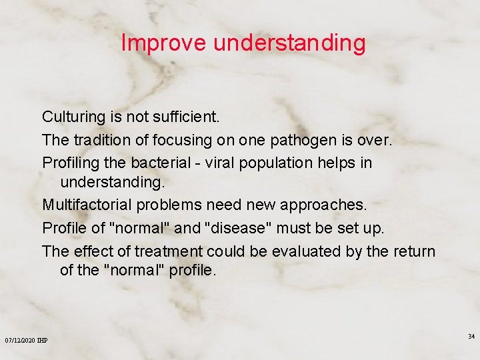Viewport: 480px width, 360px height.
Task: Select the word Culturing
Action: [73, 117]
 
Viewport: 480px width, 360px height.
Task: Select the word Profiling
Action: [71, 163]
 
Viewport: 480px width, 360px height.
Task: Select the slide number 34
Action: [471, 336]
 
